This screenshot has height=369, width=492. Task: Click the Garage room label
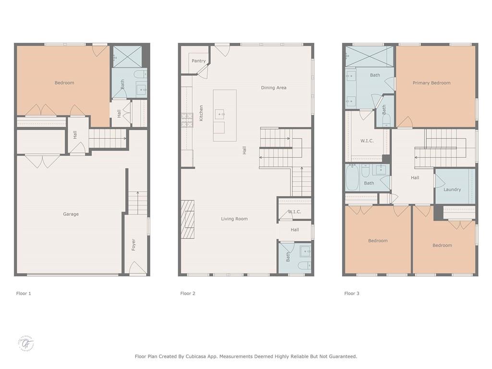pyautogui.click(x=71, y=214)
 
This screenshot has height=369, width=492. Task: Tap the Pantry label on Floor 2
pyautogui.click(x=198, y=61)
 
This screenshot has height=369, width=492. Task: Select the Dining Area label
pyautogui.click(x=273, y=88)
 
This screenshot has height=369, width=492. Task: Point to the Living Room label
pyautogui.click(x=234, y=219)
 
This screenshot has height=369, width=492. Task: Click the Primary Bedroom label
pyautogui.click(x=431, y=83)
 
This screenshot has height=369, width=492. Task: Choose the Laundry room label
pyautogui.click(x=452, y=190)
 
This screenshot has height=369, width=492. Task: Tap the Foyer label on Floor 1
pyautogui.click(x=134, y=245)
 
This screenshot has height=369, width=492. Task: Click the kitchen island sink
pyautogui.click(x=220, y=114)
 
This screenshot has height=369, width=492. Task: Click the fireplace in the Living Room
pyautogui.click(x=187, y=220)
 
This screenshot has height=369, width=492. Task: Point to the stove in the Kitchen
pyautogui.click(x=186, y=117)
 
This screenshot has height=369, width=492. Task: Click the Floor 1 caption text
pyautogui.click(x=24, y=293)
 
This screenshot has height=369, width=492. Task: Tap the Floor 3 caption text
pyautogui.click(x=352, y=293)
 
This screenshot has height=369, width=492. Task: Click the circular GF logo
pyautogui.click(x=26, y=343)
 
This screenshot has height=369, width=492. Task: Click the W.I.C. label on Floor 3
pyautogui.click(x=367, y=141)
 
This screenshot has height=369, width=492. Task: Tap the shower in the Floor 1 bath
pyautogui.click(x=127, y=56)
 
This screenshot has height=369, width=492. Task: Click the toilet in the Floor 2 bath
pyautogui.click(x=304, y=265)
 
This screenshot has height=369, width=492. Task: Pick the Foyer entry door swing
pyautogui.click(x=137, y=268)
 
